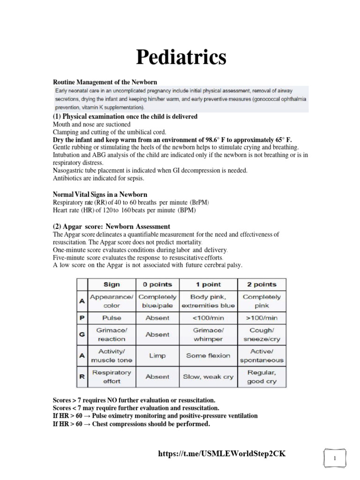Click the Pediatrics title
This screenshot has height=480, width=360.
click(181, 57)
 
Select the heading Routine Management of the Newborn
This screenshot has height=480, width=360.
click(108, 82)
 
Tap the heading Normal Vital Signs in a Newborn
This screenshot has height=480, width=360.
click(100, 194)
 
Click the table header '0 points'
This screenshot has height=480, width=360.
click(157, 285)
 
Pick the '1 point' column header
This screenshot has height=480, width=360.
click(209, 285)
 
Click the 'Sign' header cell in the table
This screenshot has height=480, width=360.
click(112, 285)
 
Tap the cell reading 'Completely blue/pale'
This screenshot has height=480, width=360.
click(157, 301)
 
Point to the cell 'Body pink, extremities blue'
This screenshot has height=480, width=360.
click(209, 301)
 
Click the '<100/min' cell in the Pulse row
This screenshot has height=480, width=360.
click(209, 318)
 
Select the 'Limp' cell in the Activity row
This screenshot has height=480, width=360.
click(157, 356)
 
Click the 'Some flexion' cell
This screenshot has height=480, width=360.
click(209, 356)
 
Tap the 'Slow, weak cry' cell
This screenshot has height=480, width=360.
click(209, 377)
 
